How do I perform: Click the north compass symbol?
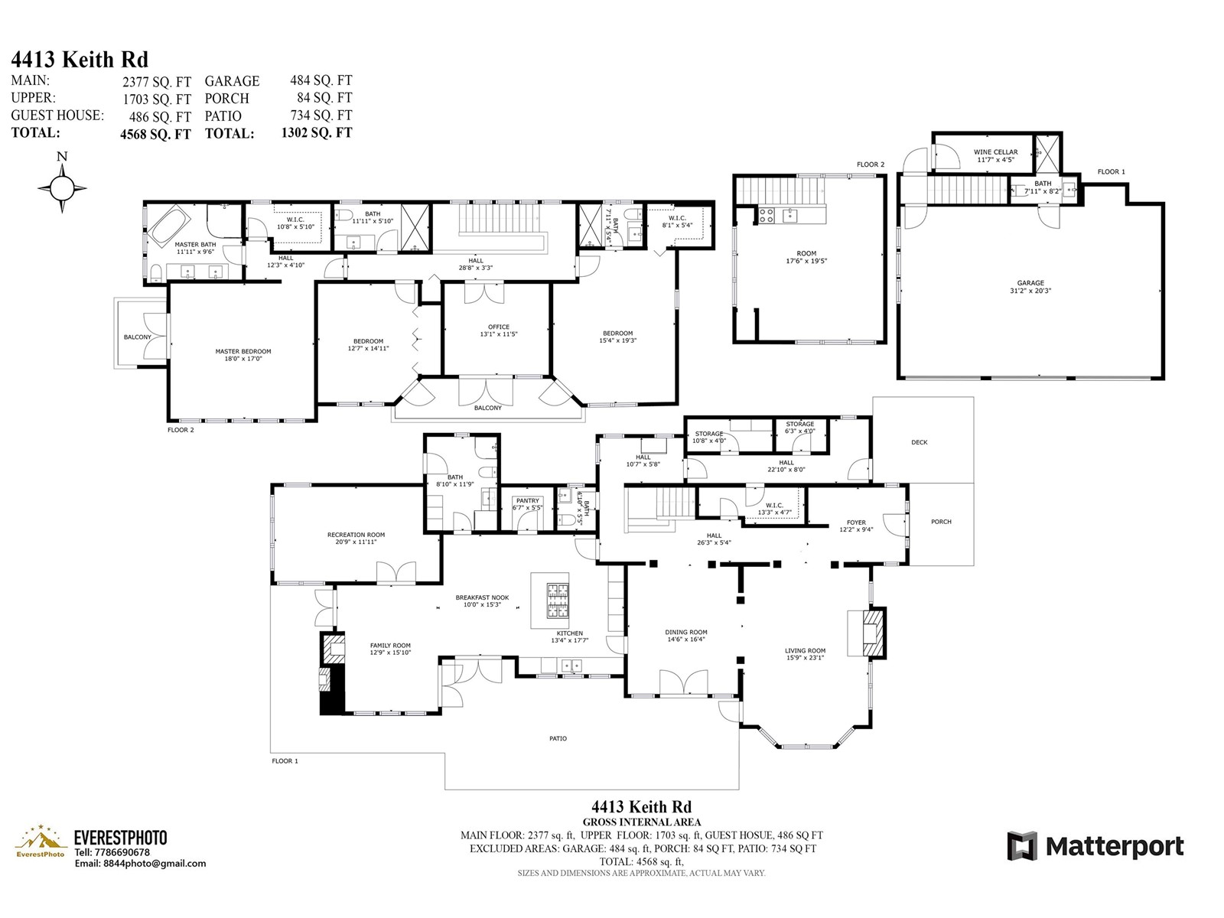point(62,188)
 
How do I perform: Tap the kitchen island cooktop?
point(558,600)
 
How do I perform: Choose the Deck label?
point(919,442)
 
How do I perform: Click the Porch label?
point(941,522)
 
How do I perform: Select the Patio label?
point(558,738)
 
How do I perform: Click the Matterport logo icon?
point(1022,845)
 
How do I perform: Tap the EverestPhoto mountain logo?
point(40,840)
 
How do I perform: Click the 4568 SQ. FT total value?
point(155,134)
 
